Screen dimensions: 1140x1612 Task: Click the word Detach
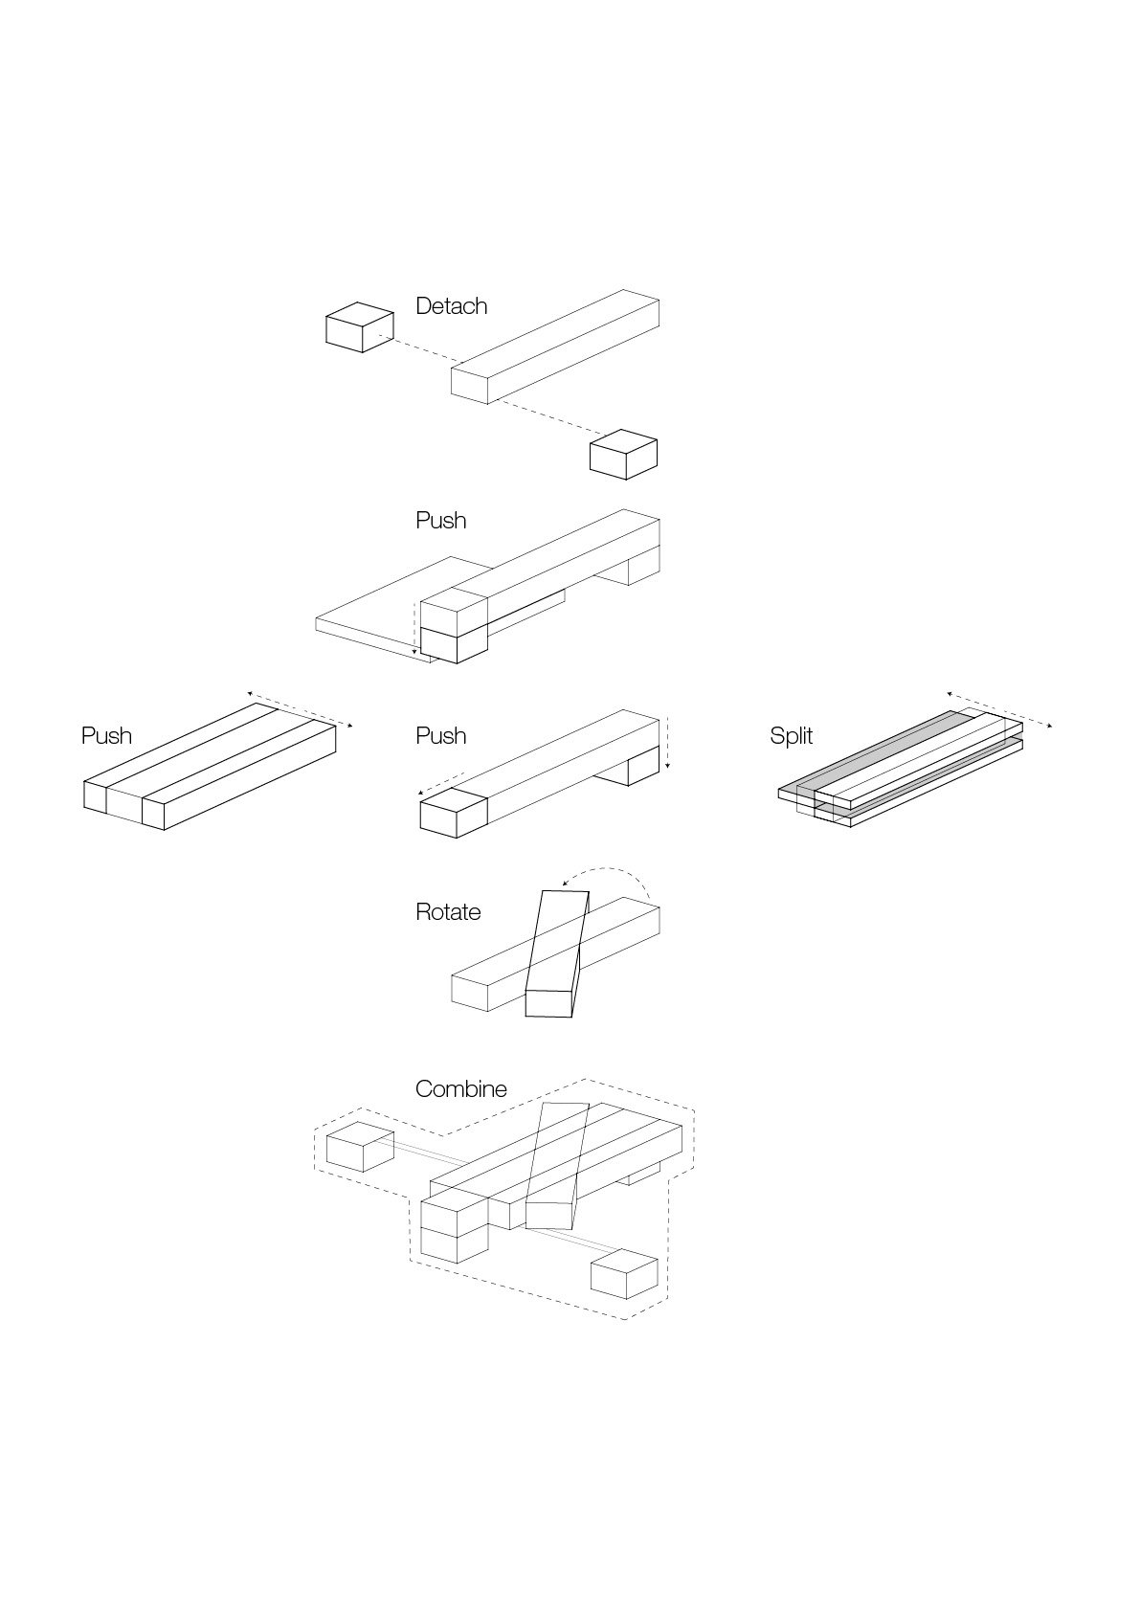pyautogui.click(x=451, y=306)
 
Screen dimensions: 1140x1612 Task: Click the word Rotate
pyautogui.click(x=448, y=912)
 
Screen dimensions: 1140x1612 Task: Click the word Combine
pyautogui.click(x=460, y=1088)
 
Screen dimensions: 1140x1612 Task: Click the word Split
pyautogui.click(x=791, y=735)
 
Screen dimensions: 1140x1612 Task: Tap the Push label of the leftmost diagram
pyautogui.click(x=106, y=735)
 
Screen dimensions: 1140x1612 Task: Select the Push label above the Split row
pyautogui.click(x=440, y=521)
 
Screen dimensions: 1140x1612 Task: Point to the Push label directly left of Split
pyautogui.click(x=440, y=735)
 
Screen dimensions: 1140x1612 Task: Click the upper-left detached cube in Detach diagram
pyautogui.click(x=360, y=327)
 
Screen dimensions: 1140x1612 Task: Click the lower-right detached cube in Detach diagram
pyautogui.click(x=623, y=455)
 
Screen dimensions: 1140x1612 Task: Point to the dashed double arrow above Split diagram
pyautogui.click(x=999, y=710)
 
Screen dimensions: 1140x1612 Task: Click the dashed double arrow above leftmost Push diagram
pyautogui.click(x=300, y=709)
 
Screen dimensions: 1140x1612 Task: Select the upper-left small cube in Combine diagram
pyautogui.click(x=360, y=1147)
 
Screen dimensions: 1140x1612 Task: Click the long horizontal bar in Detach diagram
pyautogui.click(x=555, y=347)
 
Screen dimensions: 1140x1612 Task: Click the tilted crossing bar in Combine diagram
pyautogui.click(x=558, y=1166)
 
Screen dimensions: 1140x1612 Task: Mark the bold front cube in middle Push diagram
pyautogui.click(x=454, y=814)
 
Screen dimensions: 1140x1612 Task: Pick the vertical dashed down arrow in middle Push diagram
pyautogui.click(x=667, y=744)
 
